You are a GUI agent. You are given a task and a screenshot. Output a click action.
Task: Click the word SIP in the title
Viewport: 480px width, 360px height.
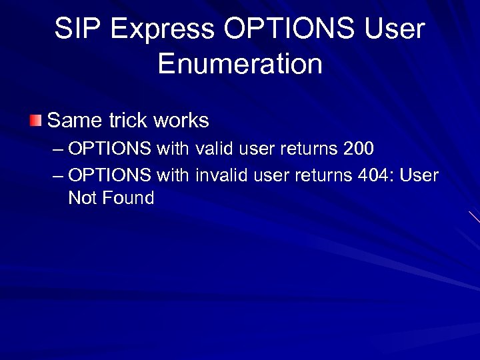tap(75, 29)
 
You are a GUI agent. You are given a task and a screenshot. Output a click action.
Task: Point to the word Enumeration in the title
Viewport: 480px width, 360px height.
tap(240, 64)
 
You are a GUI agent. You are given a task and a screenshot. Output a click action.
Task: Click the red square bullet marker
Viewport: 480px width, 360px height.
tap(35, 121)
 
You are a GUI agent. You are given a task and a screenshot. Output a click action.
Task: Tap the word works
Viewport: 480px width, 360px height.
tap(181, 121)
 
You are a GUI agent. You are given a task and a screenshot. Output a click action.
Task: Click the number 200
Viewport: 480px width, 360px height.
tap(359, 149)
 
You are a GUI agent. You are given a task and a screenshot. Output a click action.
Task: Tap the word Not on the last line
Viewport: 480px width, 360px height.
tap(82, 198)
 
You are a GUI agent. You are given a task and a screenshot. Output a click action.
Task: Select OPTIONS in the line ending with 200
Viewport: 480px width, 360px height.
tap(110, 149)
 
